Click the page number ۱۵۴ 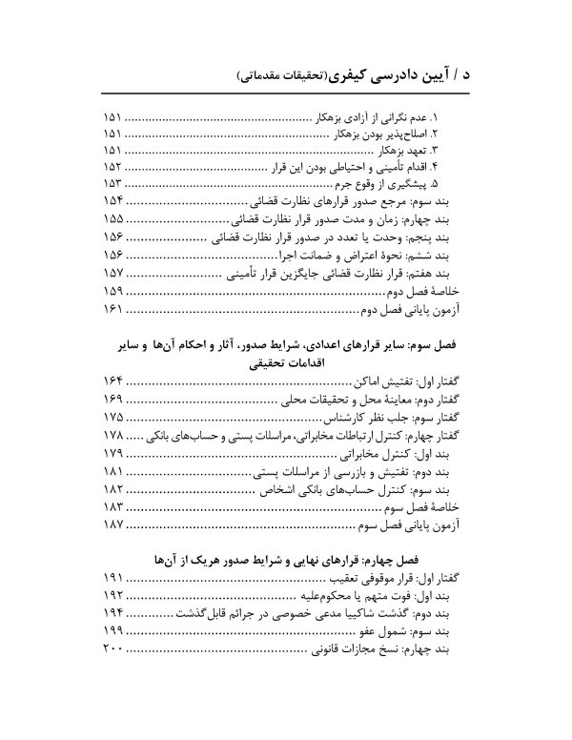click(113, 203)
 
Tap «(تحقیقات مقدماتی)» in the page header click(292, 73)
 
